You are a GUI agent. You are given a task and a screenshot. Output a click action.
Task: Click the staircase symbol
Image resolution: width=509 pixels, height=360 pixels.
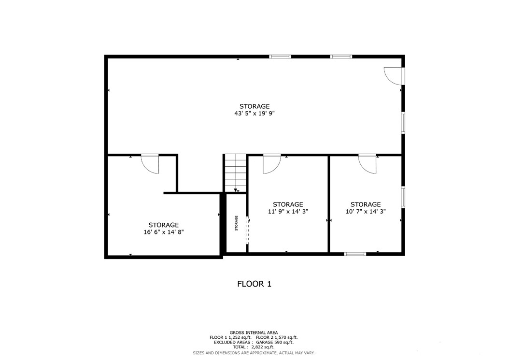pos(235,173)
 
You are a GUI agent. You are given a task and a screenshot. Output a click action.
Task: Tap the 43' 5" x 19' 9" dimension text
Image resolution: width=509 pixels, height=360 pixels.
pos(254,114)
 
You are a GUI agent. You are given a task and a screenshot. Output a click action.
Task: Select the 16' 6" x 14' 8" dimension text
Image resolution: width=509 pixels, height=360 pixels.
pos(163,232)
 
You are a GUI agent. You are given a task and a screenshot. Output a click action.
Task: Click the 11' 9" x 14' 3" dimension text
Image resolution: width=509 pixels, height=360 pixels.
pos(288,212)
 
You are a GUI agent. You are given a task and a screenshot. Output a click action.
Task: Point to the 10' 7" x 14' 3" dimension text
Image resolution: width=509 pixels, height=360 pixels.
pos(365,212)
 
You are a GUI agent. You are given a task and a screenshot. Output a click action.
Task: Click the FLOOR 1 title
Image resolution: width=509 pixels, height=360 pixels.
pos(254,284)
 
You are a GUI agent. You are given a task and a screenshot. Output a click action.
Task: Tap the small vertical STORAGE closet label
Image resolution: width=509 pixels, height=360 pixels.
pos(237,223)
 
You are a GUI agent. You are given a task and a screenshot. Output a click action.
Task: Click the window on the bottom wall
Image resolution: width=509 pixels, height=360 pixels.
pos(355,254)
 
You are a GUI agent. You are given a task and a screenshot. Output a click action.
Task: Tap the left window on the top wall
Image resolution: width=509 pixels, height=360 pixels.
pos(280,57)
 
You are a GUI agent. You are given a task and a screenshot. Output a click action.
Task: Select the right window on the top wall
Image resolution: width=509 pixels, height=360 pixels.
pos(341,57)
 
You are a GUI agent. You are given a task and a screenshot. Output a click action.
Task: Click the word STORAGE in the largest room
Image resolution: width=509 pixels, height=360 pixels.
pos(254,106)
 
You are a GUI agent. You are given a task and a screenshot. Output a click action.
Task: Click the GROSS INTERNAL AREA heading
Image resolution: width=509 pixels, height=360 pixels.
pos(254,332)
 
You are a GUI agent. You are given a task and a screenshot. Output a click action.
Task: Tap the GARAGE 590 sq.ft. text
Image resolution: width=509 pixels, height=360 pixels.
pos(278,342)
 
